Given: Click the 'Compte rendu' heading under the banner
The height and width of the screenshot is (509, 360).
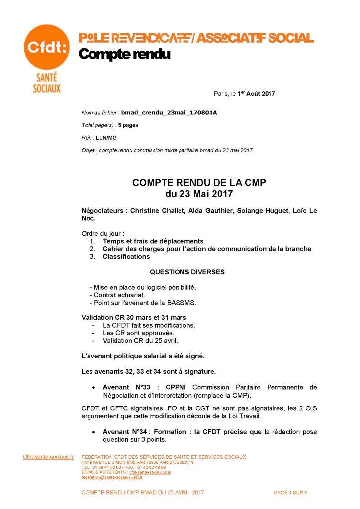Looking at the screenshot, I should [x=124, y=54].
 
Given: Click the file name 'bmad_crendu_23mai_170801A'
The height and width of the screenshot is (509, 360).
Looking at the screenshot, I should [x=169, y=113].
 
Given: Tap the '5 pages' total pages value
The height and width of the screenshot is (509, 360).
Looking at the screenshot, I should [x=128, y=125].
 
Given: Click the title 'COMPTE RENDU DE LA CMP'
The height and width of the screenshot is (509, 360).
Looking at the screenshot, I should [x=199, y=183].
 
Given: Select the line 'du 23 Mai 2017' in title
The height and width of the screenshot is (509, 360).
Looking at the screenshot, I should [x=199, y=193].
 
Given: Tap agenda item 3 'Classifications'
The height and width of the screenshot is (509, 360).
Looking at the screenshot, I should [x=126, y=257].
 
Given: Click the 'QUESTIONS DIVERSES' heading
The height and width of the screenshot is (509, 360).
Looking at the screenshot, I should [x=187, y=272].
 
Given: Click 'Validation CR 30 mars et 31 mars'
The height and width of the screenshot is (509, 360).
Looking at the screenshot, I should [x=134, y=317].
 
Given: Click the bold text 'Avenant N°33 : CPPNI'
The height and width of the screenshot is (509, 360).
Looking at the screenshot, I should [x=146, y=387].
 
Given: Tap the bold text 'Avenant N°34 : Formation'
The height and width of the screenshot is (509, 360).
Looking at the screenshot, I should [x=147, y=432].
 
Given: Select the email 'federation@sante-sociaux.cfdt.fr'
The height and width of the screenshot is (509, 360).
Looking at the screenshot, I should [x=111, y=477].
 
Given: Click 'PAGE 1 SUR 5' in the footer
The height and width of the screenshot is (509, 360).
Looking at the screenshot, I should [x=291, y=492].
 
